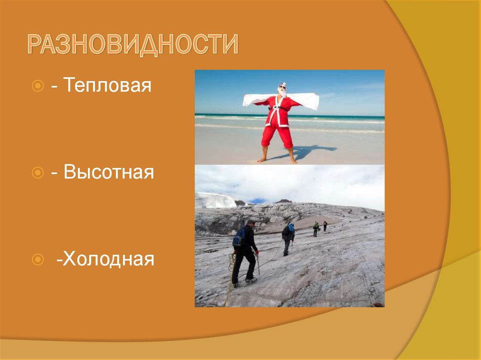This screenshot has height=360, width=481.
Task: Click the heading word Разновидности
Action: coord(132,45)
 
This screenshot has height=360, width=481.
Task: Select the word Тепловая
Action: coord(108,86)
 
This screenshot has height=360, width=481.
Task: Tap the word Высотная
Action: coord(109,172)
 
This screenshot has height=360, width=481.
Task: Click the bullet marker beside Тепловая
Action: coord(38,86)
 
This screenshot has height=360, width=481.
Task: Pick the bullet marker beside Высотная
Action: coord(38,173)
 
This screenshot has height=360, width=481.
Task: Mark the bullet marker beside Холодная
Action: coord(38,259)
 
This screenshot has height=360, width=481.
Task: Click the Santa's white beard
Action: coord(282,94)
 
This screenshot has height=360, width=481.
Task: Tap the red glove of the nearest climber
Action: coord(257,253)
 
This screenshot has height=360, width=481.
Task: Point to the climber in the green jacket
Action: coord(316,229)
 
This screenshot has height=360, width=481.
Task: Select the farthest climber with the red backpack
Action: coord(325,226)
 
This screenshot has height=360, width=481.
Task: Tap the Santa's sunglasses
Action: coord(282,88)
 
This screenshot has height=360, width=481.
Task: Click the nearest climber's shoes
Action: coord(250,280)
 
